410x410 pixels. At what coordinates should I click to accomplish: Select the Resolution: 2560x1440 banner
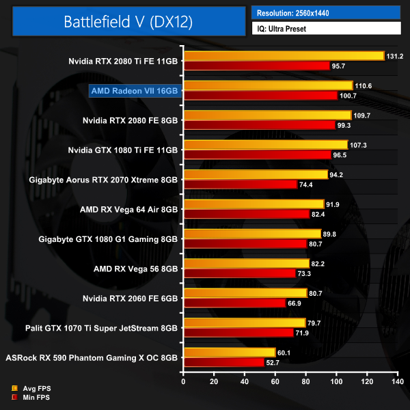(325, 13)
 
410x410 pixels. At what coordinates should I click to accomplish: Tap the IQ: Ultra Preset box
(325, 29)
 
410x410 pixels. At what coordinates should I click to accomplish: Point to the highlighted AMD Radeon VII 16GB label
(134, 90)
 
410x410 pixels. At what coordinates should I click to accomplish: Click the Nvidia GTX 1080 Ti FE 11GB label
(123, 150)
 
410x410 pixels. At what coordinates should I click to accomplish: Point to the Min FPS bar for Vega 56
(238, 273)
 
